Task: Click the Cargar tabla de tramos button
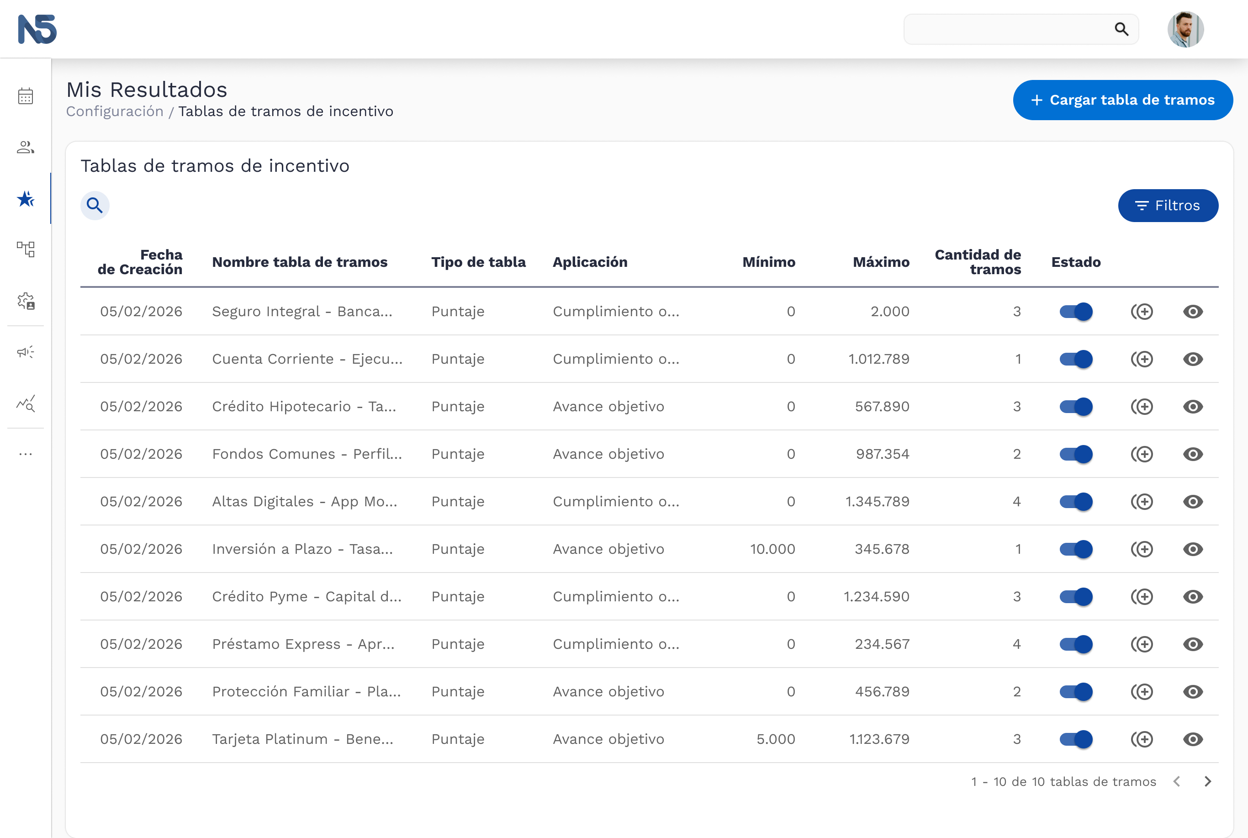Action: point(1122,100)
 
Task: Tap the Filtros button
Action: point(1168,206)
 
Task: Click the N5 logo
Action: point(37,29)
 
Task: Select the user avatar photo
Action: point(1185,29)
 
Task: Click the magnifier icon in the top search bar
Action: point(1121,29)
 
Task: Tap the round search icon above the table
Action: point(95,205)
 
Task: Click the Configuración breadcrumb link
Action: point(115,111)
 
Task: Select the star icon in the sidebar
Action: point(26,199)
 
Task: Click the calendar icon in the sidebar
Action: point(26,96)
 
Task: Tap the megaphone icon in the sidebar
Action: point(26,352)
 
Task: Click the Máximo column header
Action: point(881,262)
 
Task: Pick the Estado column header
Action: point(1076,262)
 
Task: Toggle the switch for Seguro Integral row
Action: point(1076,312)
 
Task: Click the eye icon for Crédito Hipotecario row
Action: point(1193,407)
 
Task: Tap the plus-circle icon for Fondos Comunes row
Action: point(1142,454)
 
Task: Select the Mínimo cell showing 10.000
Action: point(772,549)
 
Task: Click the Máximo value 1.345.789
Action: point(877,501)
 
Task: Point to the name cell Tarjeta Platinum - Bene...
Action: point(302,739)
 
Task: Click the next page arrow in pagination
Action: point(1208,782)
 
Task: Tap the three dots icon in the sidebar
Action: point(26,454)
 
